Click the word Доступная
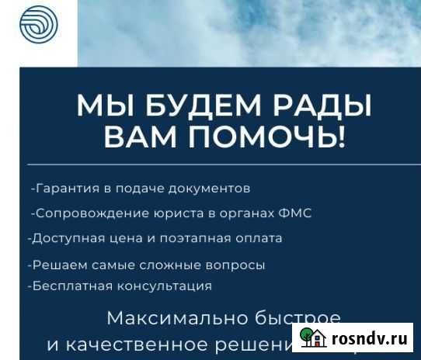click(x=61, y=239)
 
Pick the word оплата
click(x=260, y=239)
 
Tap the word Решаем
click(x=52, y=265)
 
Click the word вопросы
click(x=235, y=265)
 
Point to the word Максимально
click(x=167, y=318)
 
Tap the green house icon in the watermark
click(x=312, y=337)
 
